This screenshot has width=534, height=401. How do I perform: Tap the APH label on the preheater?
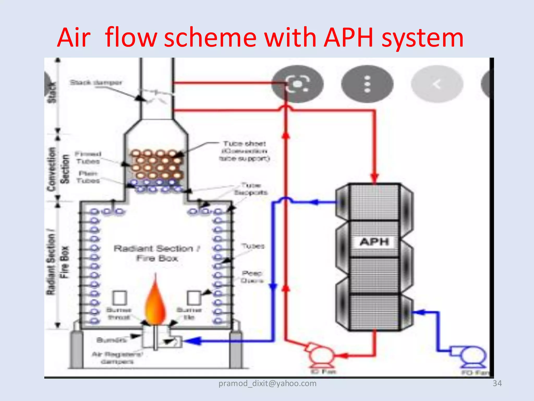(374, 242)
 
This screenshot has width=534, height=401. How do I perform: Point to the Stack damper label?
(96, 83)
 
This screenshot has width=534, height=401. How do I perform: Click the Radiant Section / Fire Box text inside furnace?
(157, 253)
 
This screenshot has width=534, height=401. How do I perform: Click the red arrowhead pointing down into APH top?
(375, 178)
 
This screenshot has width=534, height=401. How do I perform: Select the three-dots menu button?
(367, 84)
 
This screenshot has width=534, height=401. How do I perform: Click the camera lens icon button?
(298, 84)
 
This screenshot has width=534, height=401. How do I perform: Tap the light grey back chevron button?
(437, 84)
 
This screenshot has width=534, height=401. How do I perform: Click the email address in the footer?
(267, 383)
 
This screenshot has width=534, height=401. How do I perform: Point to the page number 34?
(497, 383)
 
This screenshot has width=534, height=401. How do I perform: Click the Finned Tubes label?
(88, 158)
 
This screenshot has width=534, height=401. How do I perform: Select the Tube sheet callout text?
(244, 151)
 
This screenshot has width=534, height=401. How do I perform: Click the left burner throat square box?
(120, 298)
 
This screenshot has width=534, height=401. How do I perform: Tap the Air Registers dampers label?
(117, 358)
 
